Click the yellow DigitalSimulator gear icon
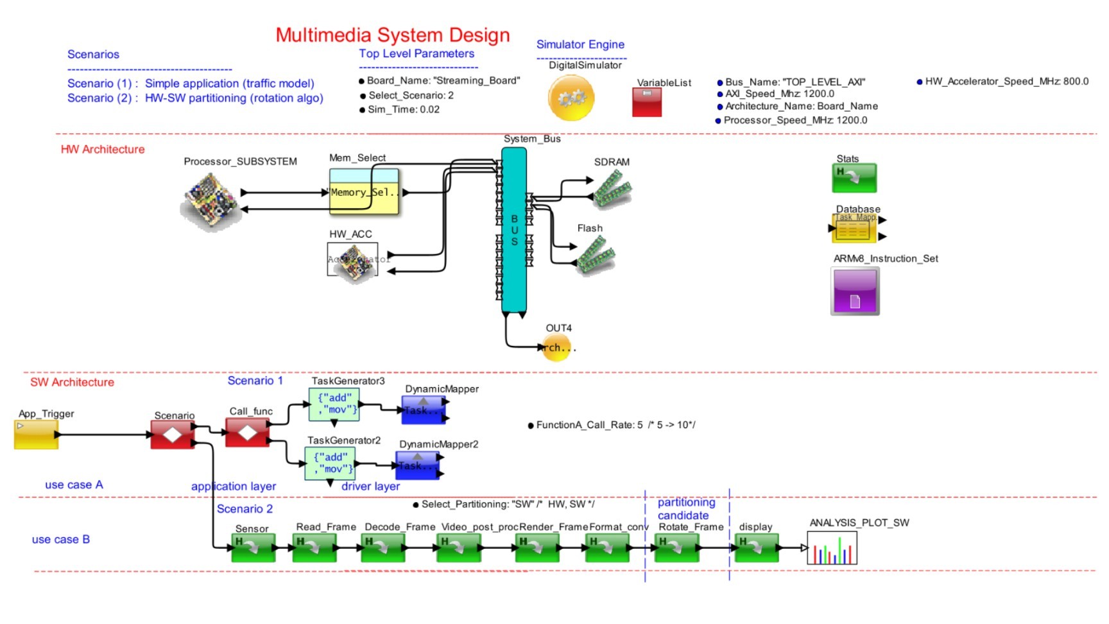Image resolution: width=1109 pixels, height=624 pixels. [x=571, y=98]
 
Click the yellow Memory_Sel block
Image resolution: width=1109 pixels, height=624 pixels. [x=364, y=192]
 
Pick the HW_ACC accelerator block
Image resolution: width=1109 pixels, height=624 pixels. [x=352, y=259]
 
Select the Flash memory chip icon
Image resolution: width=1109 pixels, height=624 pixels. [x=596, y=255]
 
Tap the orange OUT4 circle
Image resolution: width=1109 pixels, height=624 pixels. [x=556, y=348]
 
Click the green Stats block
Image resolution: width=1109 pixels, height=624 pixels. [x=854, y=178]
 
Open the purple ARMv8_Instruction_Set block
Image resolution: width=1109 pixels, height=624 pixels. [x=855, y=291]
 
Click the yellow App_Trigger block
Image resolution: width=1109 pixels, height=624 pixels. [x=37, y=434]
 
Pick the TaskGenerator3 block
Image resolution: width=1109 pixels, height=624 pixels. [x=334, y=404]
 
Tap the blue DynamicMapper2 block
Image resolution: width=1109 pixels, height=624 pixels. [x=417, y=465]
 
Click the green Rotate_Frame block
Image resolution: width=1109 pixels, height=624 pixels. [x=676, y=548]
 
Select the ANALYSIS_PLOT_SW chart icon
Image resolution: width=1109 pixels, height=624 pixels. [x=832, y=549]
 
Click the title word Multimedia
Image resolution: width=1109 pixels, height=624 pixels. [x=323, y=35]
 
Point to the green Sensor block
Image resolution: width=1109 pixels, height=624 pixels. [x=253, y=548]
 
